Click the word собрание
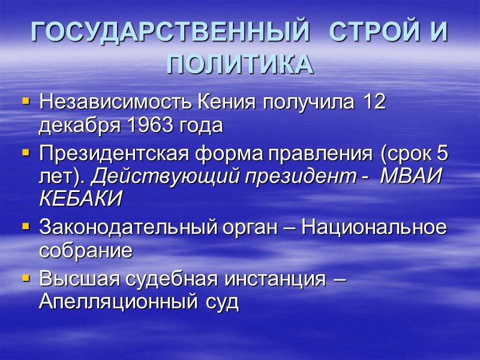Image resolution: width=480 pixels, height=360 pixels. pos(85,251)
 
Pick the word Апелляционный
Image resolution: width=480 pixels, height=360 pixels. pos(114,302)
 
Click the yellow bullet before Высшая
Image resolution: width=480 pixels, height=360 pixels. pos(25,280)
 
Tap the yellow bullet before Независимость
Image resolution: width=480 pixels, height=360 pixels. pos(25,103)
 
